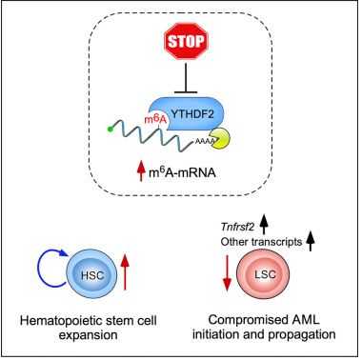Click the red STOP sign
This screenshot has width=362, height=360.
[186, 41]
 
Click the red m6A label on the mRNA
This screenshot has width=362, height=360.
[154, 120]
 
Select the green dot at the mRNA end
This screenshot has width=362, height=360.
[111, 129]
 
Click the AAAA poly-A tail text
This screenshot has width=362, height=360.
[202, 143]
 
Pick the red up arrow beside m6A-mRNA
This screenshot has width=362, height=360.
[140, 171]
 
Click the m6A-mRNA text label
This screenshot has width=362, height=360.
[183, 172]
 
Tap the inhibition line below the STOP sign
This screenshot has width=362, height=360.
[186, 77]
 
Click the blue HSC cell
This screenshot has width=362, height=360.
[91, 274]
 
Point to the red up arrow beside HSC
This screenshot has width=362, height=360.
[125, 272]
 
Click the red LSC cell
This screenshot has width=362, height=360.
[263, 273]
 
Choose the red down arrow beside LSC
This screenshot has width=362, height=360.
[226, 272]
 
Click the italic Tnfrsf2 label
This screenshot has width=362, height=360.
[237, 228]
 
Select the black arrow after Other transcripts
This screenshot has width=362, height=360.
[311, 242]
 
